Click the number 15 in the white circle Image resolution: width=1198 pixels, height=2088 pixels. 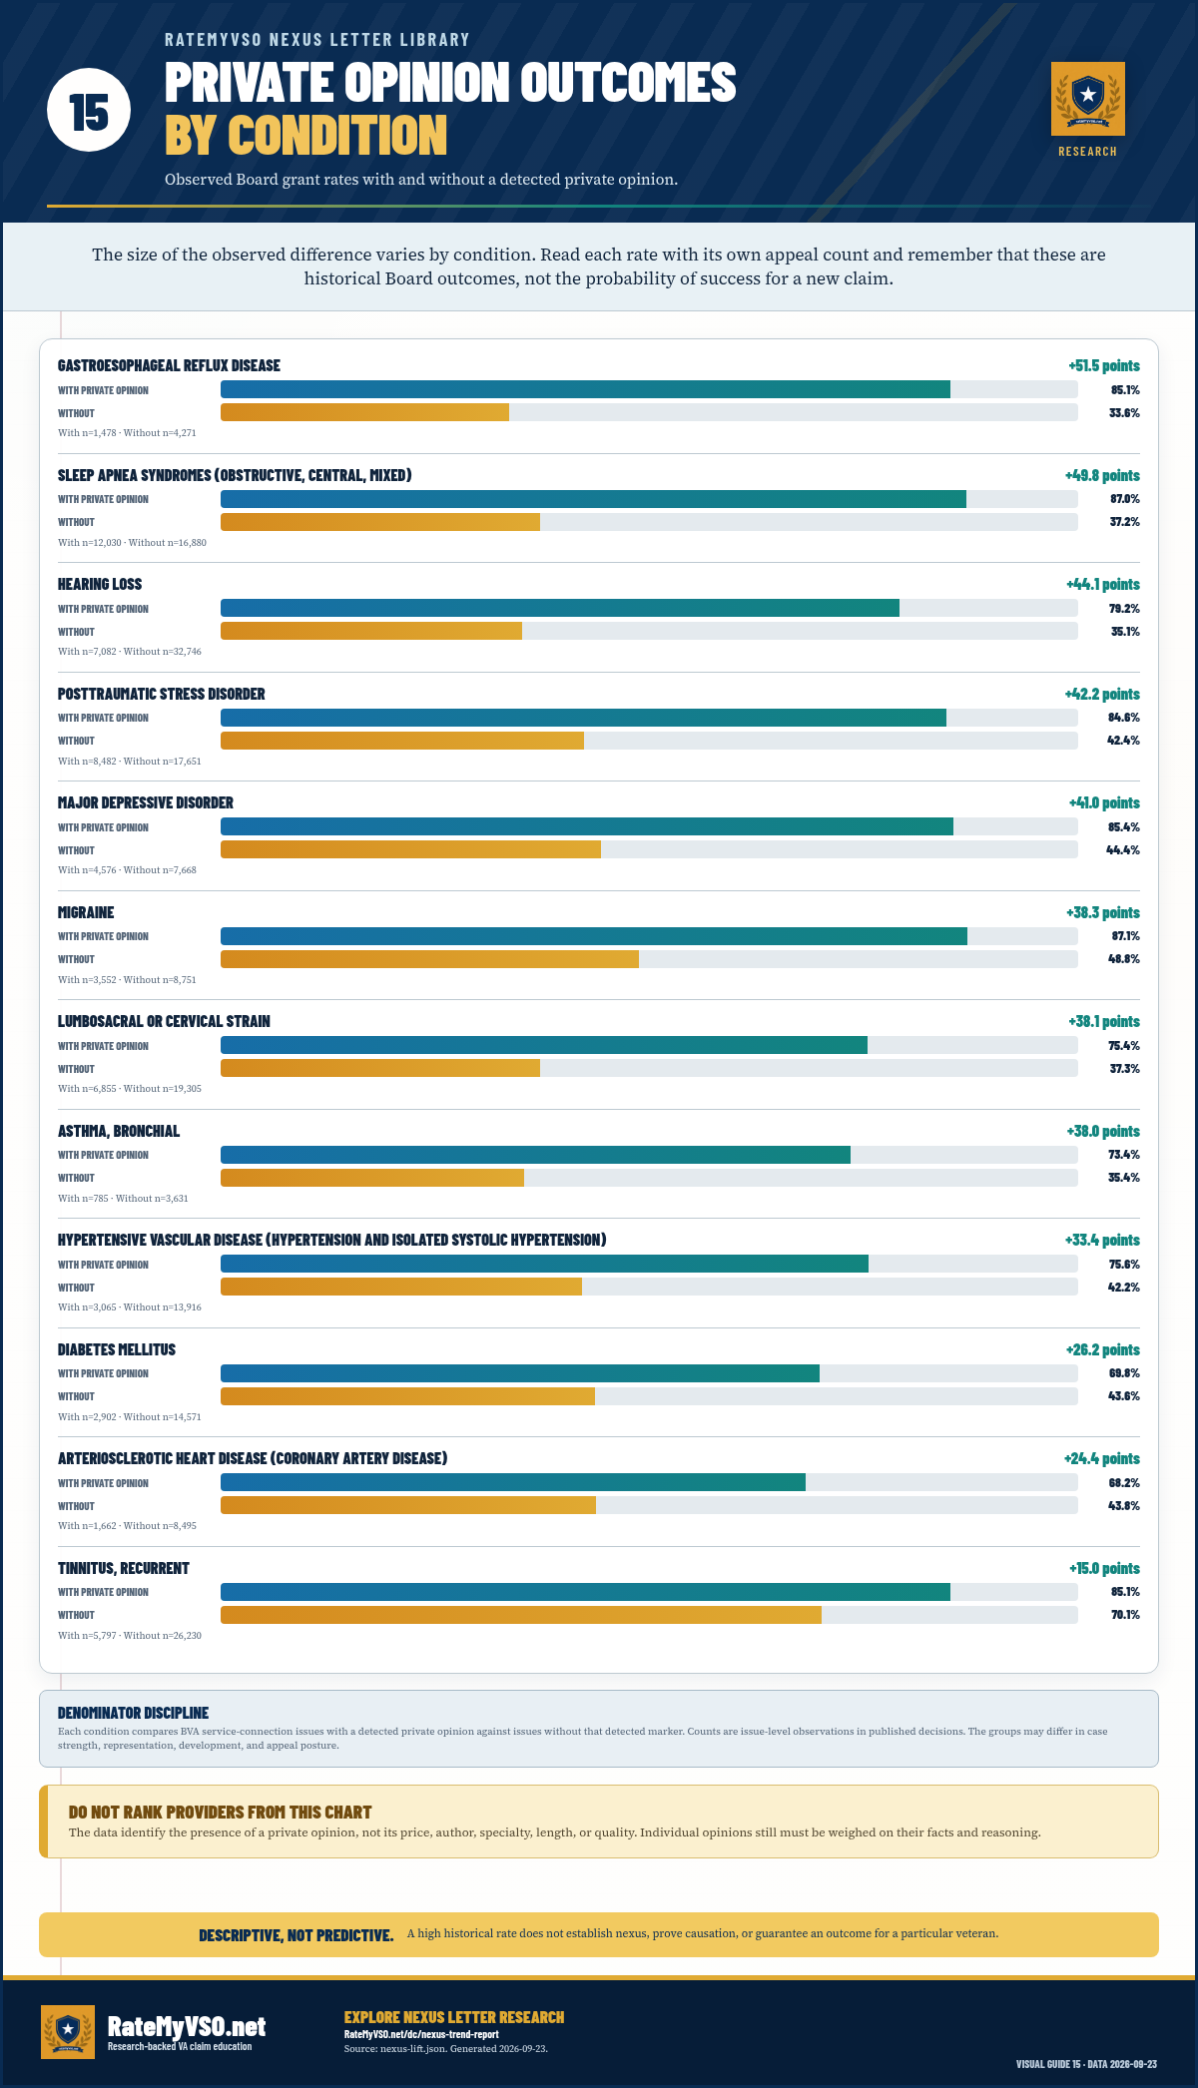(89, 111)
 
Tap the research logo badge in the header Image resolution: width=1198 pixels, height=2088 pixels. (1088, 99)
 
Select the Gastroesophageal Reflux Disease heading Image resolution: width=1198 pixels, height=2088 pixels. (169, 365)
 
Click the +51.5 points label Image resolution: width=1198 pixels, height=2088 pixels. (1104, 365)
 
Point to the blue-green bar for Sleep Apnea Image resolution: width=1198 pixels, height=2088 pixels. (593, 499)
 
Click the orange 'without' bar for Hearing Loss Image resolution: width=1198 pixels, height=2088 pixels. (371, 631)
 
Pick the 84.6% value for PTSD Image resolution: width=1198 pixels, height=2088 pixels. (1124, 718)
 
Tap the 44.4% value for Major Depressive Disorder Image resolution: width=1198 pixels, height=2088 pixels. (1123, 850)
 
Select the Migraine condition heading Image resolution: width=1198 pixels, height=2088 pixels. (86, 912)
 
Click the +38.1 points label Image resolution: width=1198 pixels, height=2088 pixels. (1104, 1021)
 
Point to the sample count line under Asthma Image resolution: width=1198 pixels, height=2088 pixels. (123, 1198)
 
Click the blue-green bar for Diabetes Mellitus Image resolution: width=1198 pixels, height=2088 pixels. (520, 1373)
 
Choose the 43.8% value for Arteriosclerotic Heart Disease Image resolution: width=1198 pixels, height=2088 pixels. (1124, 1506)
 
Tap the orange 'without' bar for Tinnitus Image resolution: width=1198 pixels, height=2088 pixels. (521, 1615)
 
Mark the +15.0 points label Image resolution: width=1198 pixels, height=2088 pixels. (1104, 1568)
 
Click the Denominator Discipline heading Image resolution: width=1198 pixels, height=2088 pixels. (133, 1713)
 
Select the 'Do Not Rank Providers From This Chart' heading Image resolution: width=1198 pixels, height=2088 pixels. (220, 1812)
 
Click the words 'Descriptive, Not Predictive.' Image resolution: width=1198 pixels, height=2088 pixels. (296, 1935)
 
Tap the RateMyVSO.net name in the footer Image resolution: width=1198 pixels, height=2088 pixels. (187, 2026)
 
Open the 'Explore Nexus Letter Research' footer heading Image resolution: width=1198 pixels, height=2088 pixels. (454, 2017)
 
